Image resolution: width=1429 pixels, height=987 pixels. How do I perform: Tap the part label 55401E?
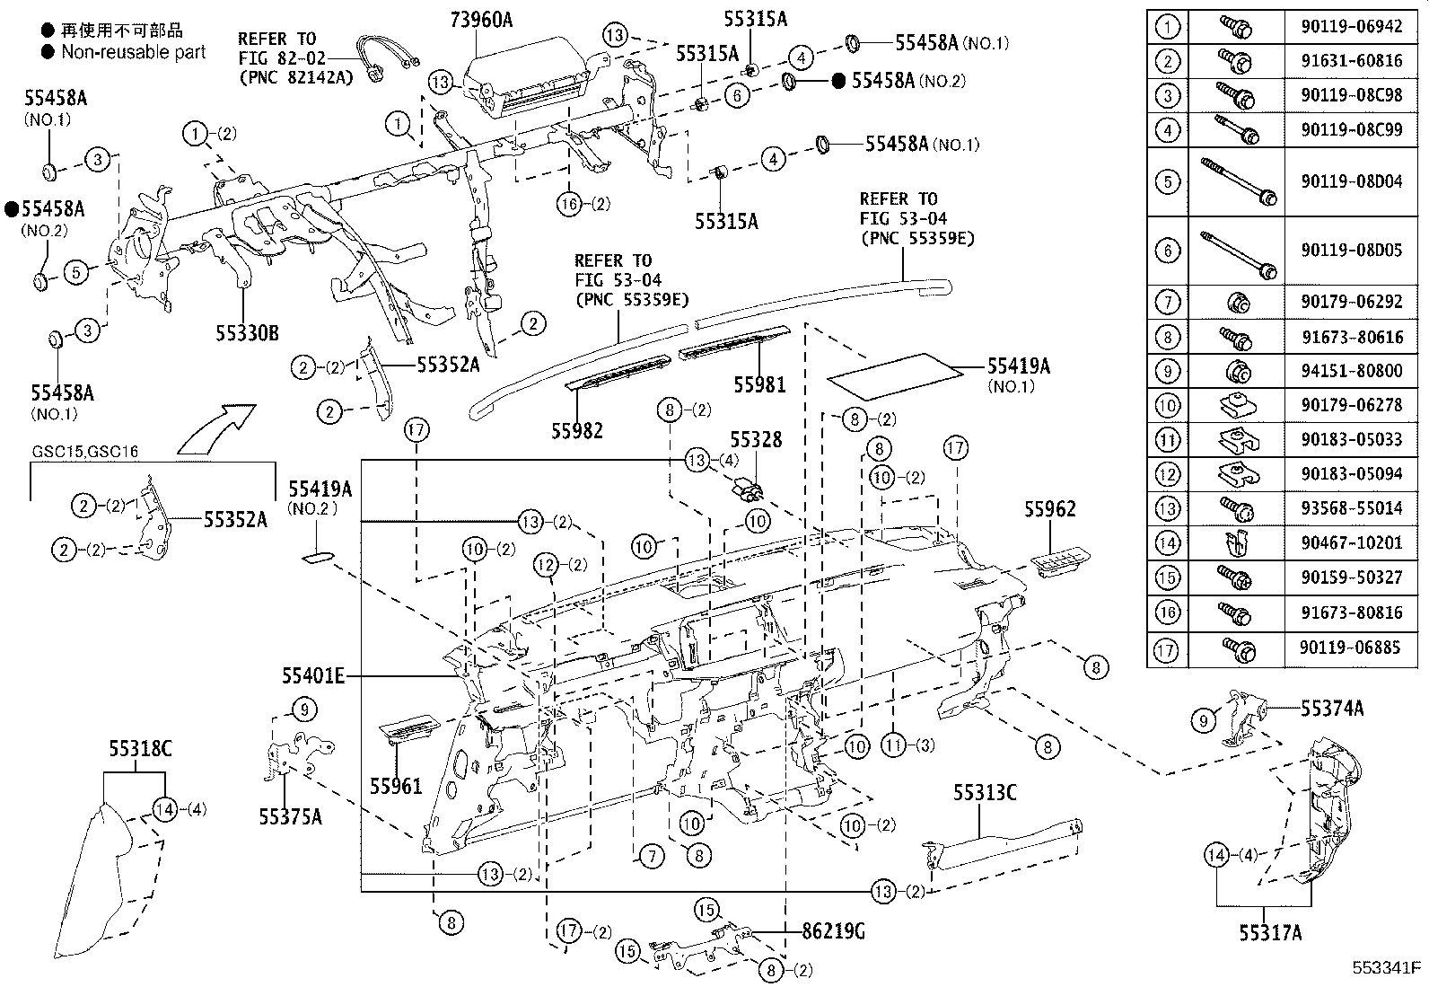pyautogui.click(x=312, y=675)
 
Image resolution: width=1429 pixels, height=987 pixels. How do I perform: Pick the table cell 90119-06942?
pyautogui.click(x=1351, y=27)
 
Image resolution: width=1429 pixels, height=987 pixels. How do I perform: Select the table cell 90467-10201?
pyautogui.click(x=1351, y=542)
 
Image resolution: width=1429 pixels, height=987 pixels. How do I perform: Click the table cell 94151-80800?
pyautogui.click(x=1351, y=370)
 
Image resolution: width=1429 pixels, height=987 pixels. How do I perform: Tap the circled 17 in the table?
pyautogui.click(x=1166, y=648)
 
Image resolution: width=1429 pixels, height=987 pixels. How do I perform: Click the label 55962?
pyautogui.click(x=1049, y=509)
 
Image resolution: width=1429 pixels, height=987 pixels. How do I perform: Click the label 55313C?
pyautogui.click(x=985, y=792)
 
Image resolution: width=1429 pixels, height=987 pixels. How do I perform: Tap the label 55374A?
pyautogui.click(x=1332, y=709)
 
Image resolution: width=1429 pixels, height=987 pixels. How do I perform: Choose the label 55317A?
pyautogui.click(x=1270, y=933)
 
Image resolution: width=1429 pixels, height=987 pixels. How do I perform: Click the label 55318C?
pyautogui.click(x=141, y=747)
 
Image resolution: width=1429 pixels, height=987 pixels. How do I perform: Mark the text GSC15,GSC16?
pyautogui.click(x=85, y=452)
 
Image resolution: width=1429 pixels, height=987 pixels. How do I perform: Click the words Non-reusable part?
pyautogui.click(x=133, y=52)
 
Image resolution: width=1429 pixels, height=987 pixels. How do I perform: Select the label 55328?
pyautogui.click(x=755, y=440)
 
